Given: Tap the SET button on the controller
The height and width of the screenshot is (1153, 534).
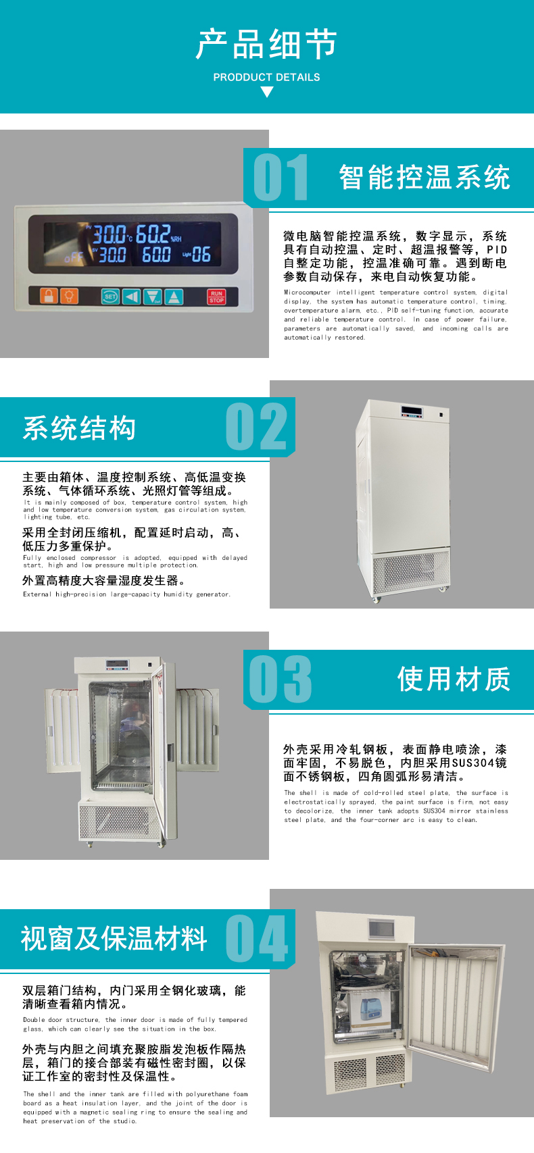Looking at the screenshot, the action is (x=110, y=297).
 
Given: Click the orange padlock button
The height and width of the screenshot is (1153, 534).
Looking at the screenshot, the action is (x=49, y=296).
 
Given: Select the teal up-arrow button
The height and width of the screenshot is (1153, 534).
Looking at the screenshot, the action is (x=174, y=297).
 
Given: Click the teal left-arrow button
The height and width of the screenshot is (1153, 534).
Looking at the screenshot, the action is (x=132, y=297).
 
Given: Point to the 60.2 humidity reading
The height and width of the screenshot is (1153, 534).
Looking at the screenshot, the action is (x=153, y=234).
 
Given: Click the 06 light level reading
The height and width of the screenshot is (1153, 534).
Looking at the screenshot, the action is (x=201, y=254).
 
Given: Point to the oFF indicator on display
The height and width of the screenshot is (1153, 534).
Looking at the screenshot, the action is (x=74, y=257).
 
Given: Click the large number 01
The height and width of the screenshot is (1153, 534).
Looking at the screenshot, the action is (x=281, y=177).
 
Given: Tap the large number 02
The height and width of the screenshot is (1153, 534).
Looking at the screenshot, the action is (x=256, y=426).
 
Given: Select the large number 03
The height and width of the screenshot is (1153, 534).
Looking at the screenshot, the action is (x=281, y=679).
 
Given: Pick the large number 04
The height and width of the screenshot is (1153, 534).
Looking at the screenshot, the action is (x=256, y=938).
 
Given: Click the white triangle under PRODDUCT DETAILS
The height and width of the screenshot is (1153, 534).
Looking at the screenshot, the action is (x=267, y=92).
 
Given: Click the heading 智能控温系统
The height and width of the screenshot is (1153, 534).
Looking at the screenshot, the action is (x=424, y=178).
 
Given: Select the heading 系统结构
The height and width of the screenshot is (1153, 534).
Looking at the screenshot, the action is (x=79, y=428).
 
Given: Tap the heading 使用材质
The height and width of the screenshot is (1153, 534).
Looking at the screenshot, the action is (x=454, y=679).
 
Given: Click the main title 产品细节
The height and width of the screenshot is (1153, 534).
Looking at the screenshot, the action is (x=267, y=45).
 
